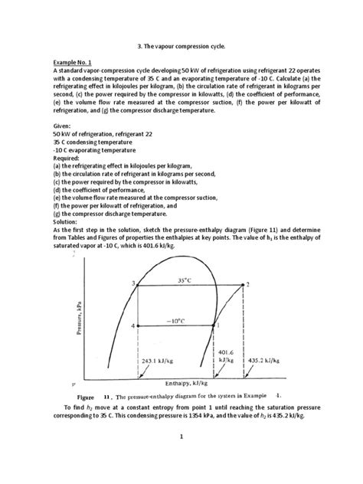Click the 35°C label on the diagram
coord(184,280)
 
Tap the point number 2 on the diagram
coord(247,284)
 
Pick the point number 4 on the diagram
coord(132,326)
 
